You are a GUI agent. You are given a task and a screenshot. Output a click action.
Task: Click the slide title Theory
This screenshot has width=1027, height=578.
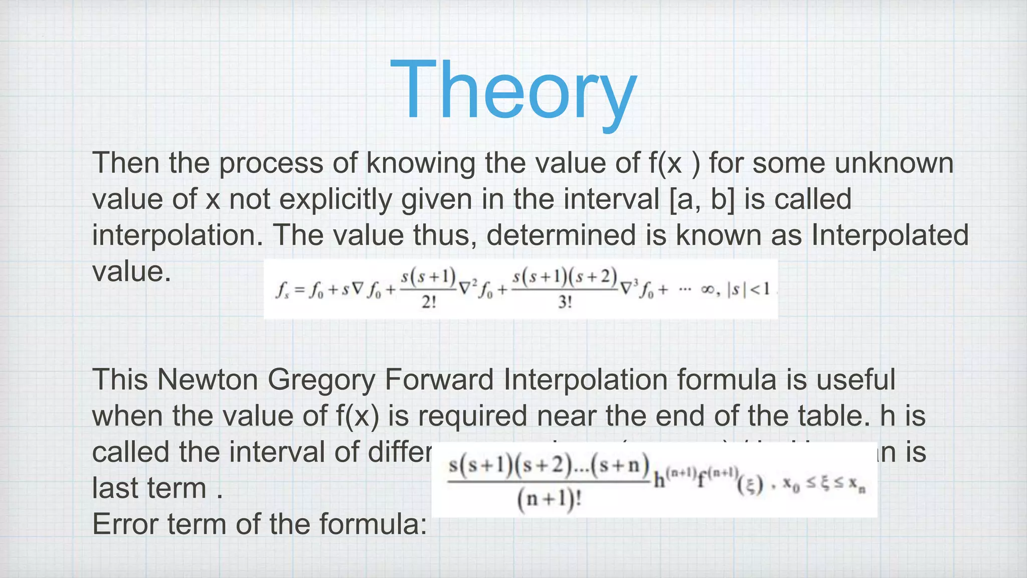(x=513, y=90)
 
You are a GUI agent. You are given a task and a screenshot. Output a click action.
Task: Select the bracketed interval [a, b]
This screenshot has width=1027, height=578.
(x=702, y=199)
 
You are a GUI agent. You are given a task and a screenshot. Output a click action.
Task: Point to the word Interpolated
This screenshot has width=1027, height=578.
(x=890, y=235)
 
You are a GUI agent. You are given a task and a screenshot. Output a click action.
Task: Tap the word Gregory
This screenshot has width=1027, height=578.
(x=321, y=380)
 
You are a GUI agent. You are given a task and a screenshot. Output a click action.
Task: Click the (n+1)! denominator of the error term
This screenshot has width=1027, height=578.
(x=549, y=500)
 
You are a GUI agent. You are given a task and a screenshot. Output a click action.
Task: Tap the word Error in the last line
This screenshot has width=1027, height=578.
(x=125, y=524)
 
